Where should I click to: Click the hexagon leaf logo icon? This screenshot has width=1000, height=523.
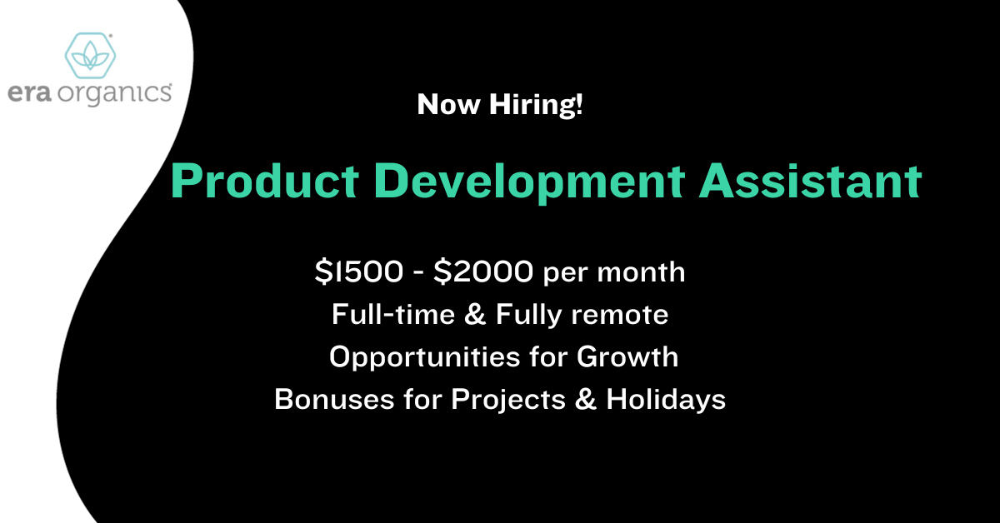point(90,55)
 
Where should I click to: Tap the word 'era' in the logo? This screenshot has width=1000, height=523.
point(29,93)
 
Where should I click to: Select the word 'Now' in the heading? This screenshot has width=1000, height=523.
point(448,105)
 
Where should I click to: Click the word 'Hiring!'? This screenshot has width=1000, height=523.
point(536,105)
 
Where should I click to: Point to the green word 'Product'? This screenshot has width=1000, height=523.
point(264,181)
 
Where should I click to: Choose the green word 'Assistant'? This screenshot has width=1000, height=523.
point(810,181)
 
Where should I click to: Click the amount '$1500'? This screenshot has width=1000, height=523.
point(359,271)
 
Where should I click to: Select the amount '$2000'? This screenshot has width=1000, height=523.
point(483,271)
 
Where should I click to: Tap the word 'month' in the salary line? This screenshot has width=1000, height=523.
point(641,272)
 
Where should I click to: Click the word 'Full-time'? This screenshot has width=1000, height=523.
point(393,314)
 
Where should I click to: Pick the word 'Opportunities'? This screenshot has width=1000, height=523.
point(424,357)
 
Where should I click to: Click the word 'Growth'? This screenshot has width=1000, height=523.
point(627,356)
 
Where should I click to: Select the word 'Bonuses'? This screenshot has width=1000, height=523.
point(334,399)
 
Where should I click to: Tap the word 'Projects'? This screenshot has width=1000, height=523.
point(508,400)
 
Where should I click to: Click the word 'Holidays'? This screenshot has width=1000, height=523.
point(666,400)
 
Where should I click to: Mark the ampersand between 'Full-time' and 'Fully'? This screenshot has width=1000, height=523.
point(475,314)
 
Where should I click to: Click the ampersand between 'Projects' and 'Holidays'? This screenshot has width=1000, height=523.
point(586,399)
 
